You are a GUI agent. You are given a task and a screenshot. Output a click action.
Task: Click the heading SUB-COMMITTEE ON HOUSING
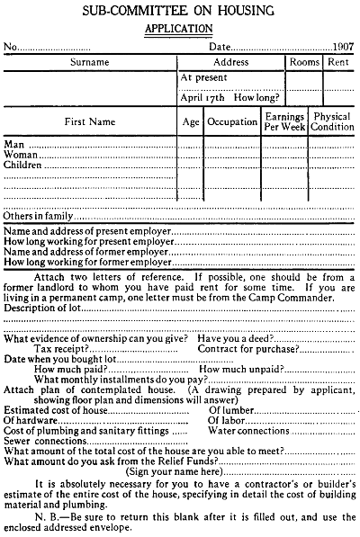(180, 10)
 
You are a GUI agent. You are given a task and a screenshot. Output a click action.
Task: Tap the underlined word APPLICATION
(180, 28)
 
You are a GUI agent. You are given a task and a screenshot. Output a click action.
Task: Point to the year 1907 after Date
(339, 46)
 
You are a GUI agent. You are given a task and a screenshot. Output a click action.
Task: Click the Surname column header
(89, 63)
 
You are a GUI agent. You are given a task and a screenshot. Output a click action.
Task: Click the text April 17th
(201, 96)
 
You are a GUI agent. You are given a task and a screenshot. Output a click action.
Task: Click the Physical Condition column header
(332, 121)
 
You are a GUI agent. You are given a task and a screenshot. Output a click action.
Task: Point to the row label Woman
(22, 155)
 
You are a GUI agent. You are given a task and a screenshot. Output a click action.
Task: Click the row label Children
(25, 166)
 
